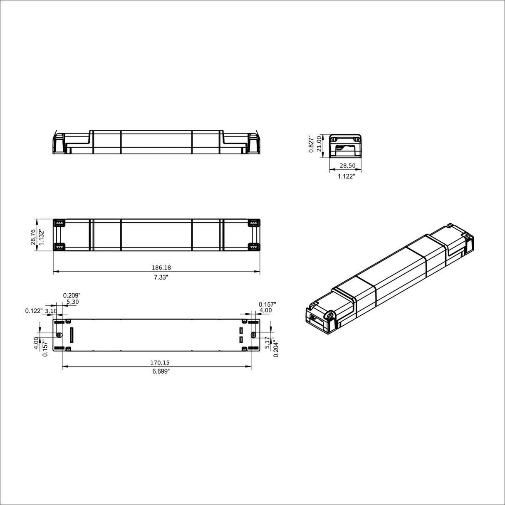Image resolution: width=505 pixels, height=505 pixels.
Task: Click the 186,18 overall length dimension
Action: [156, 267]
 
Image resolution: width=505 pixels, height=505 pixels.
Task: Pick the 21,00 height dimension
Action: [319, 144]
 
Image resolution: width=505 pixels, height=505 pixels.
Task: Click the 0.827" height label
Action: [311, 144]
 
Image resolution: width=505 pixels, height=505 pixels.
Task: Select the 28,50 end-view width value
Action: [347, 166]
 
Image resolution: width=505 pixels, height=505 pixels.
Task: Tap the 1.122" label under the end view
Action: [346, 176]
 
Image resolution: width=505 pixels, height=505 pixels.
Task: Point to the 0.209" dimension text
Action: [72, 295]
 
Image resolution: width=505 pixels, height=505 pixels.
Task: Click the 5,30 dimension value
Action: [72, 302]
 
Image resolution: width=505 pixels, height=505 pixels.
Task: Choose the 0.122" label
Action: [34, 311]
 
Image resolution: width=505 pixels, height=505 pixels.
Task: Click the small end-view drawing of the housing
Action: [345, 146]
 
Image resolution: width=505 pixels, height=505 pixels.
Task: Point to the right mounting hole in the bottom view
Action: [254, 335]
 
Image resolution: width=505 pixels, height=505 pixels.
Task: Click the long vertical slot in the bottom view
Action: [71, 335]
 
